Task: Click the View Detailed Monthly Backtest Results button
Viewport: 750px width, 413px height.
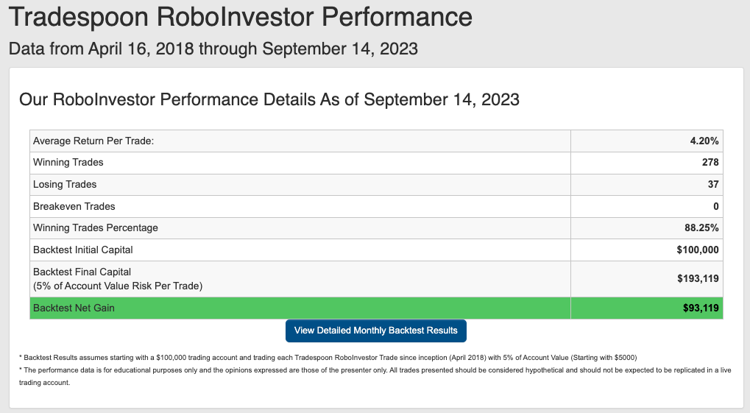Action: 376,331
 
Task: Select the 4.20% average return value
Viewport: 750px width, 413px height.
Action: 704,141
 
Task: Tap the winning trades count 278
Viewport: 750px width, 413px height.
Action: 710,162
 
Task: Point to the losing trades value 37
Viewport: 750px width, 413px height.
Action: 713,184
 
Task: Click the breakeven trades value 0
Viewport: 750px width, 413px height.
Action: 716,206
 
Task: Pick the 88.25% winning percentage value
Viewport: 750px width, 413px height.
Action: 701,227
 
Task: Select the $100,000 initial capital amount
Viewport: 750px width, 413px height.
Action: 698,250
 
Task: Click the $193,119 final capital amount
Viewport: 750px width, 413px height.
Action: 698,278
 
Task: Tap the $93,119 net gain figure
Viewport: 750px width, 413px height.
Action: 701,308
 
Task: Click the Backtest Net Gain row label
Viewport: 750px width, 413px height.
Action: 74,308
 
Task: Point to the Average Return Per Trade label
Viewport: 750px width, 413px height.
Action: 93,141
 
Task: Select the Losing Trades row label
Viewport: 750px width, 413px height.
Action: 65,184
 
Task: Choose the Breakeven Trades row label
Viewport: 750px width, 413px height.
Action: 74,206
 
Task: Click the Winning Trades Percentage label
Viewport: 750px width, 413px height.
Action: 95,227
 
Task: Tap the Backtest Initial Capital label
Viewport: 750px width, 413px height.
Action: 82,250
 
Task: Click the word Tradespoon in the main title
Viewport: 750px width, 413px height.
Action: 79,17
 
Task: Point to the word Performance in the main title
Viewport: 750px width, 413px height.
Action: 397,17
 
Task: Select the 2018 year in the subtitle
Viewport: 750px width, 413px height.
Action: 174,49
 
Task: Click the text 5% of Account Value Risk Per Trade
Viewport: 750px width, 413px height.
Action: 118,286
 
